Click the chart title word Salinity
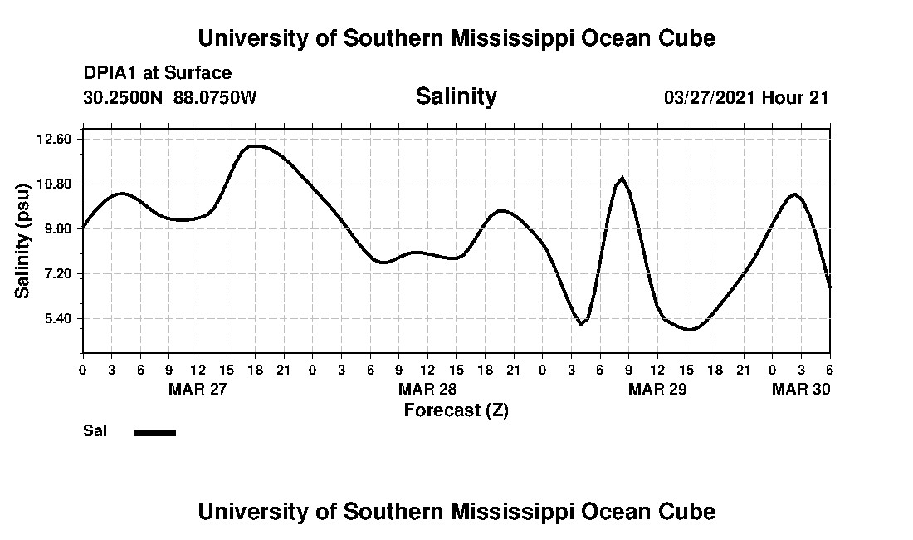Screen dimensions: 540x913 coord(456,96)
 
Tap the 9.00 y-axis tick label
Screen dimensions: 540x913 coord(58,228)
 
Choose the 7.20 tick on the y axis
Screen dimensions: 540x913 coord(58,273)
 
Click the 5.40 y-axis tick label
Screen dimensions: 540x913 coord(58,319)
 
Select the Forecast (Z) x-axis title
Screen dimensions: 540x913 coord(456,410)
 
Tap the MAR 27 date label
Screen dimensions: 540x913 coord(198,389)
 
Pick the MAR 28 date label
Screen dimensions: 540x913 coord(427,389)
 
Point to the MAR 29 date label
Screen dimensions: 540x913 coord(657,389)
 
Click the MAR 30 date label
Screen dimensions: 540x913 coord(801,389)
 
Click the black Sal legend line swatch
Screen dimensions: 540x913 coord(154,432)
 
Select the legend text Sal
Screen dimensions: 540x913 coord(94,431)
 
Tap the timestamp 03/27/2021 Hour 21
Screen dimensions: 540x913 coord(746,97)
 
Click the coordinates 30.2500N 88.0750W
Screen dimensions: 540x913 coord(170,97)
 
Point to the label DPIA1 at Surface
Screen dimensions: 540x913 coord(158,74)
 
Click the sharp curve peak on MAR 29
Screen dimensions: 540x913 coord(622,178)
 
